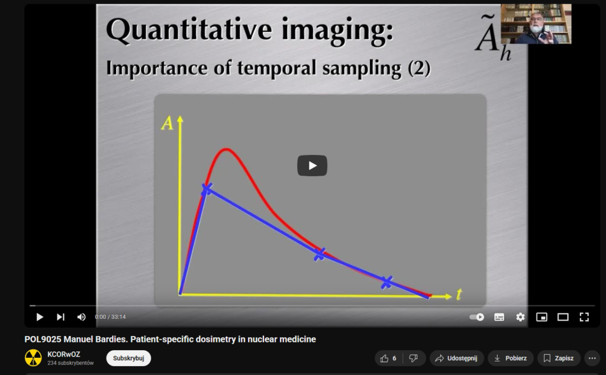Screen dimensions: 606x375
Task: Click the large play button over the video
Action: [x=312, y=166]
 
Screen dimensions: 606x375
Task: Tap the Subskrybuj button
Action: [x=128, y=358]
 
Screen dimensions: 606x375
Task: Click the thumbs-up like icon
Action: [x=384, y=358]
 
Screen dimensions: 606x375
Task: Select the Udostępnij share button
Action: [x=456, y=358]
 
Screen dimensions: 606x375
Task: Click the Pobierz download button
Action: [x=510, y=358]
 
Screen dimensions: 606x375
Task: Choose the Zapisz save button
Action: [x=559, y=358]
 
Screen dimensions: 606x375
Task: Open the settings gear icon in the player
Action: [x=520, y=317]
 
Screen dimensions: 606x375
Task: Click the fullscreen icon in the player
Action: [x=584, y=317]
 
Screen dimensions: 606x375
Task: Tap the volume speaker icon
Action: [x=81, y=317]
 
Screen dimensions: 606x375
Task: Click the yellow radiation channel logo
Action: [x=33, y=358]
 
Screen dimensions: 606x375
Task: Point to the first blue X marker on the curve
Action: [x=207, y=189]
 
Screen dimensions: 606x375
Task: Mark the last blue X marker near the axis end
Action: [x=386, y=282]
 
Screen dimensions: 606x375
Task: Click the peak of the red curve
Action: [x=225, y=149]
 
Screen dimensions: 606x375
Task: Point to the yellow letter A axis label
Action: [x=167, y=124]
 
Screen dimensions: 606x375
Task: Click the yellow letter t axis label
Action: [x=459, y=295]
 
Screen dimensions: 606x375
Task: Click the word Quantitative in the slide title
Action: [x=189, y=30]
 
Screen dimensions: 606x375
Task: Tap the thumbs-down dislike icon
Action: [x=413, y=358]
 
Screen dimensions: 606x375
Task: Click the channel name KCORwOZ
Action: [x=64, y=354]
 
